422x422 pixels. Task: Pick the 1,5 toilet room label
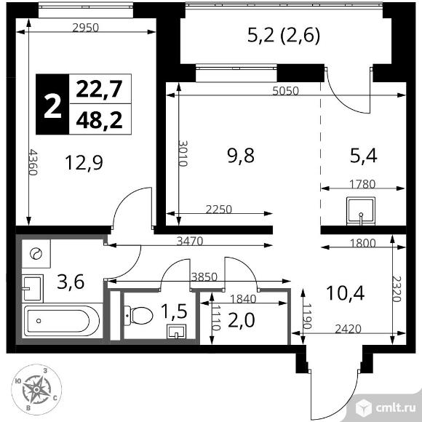coord(173,311)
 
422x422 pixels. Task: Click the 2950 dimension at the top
coord(86,28)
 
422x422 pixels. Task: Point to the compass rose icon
coord(34,391)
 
